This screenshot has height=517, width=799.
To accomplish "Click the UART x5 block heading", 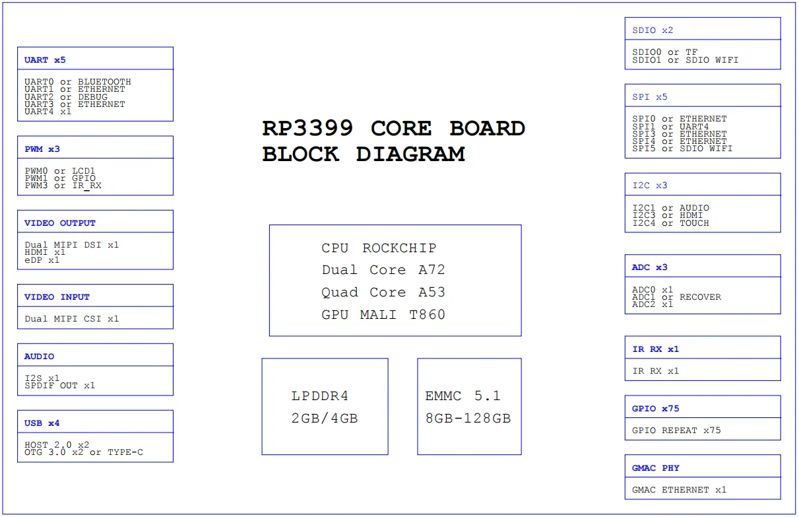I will [x=45, y=60].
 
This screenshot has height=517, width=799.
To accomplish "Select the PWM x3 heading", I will [x=42, y=149].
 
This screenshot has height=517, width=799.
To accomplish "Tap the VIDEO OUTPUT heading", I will [x=60, y=223].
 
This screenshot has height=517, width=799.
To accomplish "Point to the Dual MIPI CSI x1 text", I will [x=72, y=319].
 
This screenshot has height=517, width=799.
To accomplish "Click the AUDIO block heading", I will [x=40, y=357].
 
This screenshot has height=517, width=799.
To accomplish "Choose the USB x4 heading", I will [x=42, y=423].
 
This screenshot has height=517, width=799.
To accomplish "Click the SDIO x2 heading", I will [x=653, y=30].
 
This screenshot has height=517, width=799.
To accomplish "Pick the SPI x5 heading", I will [x=650, y=97].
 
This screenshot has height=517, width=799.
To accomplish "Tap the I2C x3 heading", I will [x=650, y=186].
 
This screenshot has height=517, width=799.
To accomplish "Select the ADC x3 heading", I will [x=650, y=267].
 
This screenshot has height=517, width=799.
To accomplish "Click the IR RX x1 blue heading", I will [x=655, y=349].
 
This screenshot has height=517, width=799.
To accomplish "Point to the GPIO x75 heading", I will [x=655, y=409].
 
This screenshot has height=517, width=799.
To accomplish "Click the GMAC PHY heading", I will [x=655, y=468].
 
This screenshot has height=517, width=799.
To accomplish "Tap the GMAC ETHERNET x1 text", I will [x=679, y=490].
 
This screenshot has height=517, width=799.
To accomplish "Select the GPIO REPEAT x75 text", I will [x=676, y=431].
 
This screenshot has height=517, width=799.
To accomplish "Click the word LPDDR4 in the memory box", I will [x=320, y=396].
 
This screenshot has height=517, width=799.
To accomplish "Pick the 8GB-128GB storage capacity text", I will [x=468, y=418].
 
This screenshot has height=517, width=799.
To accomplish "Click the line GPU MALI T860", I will [x=383, y=315].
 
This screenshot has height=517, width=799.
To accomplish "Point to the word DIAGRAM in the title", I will [x=410, y=155].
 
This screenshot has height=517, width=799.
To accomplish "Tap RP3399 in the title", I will [x=307, y=128].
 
